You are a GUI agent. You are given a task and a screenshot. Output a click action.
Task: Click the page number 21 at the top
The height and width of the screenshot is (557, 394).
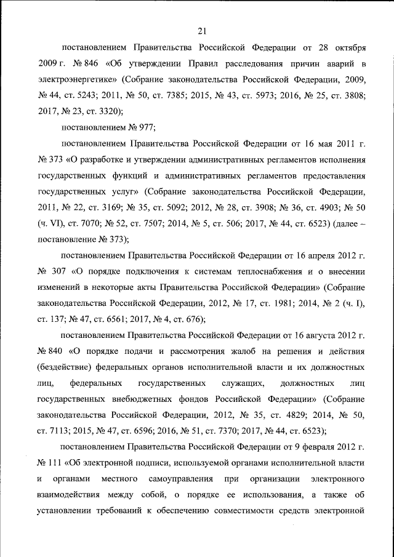[x=202, y=31]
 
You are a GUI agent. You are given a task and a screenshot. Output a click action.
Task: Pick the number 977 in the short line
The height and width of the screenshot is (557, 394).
[x=145, y=127]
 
